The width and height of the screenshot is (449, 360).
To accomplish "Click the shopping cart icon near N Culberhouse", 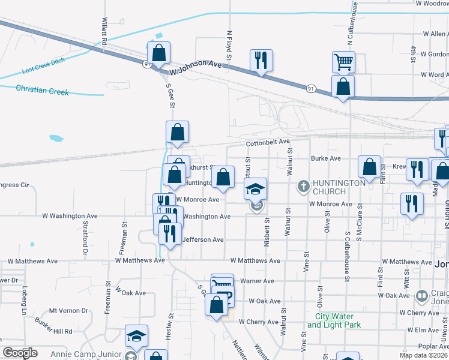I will click(x=344, y=61).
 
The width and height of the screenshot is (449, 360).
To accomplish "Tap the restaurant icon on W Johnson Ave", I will click(x=261, y=60).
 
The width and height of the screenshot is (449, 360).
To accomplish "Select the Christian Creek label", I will click(x=43, y=90).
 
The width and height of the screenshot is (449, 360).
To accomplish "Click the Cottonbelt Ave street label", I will click(x=268, y=142).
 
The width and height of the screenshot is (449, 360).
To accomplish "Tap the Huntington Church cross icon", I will click(x=304, y=187).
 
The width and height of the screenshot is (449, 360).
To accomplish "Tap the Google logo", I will click(x=19, y=352).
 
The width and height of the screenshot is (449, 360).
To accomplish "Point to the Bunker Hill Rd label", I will click(x=53, y=331).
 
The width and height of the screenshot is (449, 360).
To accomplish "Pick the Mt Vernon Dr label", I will click(x=68, y=311).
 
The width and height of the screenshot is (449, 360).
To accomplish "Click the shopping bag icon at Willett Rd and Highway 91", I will click(x=158, y=53).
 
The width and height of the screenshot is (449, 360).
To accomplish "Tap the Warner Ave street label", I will click(x=257, y=281).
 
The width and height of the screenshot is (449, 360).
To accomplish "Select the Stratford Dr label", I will click(x=84, y=240).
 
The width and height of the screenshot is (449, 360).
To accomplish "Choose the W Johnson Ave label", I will click(x=196, y=67).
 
